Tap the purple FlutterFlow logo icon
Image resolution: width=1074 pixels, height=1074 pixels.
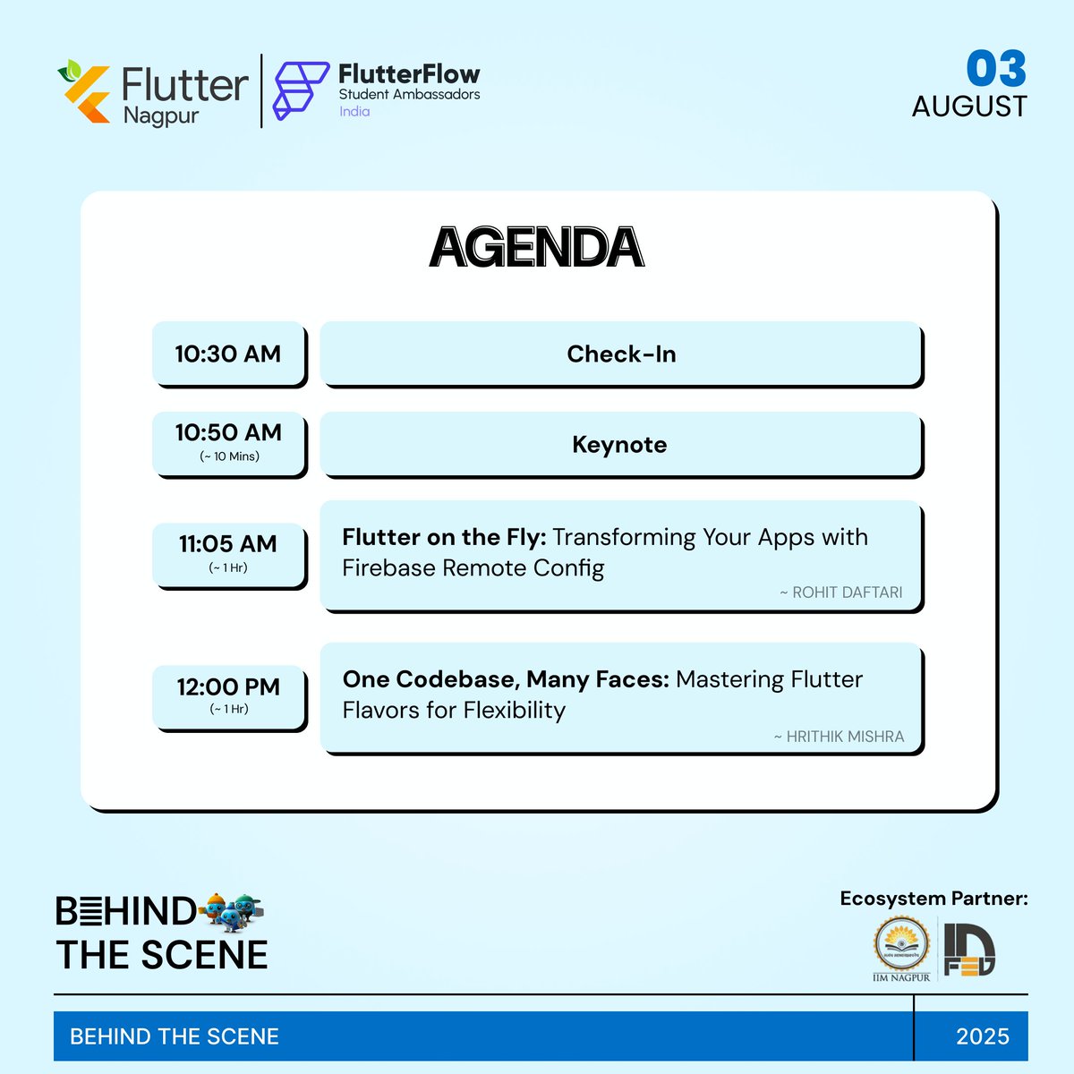click(x=300, y=89)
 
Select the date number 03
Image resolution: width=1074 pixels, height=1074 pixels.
click(x=995, y=69)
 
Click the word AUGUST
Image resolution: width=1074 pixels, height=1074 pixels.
click(x=969, y=107)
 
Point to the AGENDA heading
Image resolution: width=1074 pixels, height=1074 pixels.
click(x=536, y=248)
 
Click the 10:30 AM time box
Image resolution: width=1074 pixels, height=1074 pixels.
click(x=228, y=354)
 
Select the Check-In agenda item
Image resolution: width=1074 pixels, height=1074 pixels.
click(x=621, y=354)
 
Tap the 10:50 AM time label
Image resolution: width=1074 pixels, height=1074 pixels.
click(x=228, y=433)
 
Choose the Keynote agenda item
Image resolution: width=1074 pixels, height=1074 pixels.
click(x=619, y=445)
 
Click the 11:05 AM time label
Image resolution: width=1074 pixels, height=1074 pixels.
click(x=228, y=544)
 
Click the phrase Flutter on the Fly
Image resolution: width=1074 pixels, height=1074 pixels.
click(x=443, y=537)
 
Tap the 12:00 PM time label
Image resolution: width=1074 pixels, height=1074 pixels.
click(x=228, y=687)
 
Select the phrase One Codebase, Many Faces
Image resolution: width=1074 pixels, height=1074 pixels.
click(x=506, y=679)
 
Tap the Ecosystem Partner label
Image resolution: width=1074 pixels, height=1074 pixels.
click(x=933, y=899)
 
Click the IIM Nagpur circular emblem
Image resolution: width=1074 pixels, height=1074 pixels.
click(x=900, y=946)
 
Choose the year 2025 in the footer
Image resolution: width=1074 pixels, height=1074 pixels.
click(x=982, y=1036)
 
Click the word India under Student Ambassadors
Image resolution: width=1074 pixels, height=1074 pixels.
click(x=354, y=112)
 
